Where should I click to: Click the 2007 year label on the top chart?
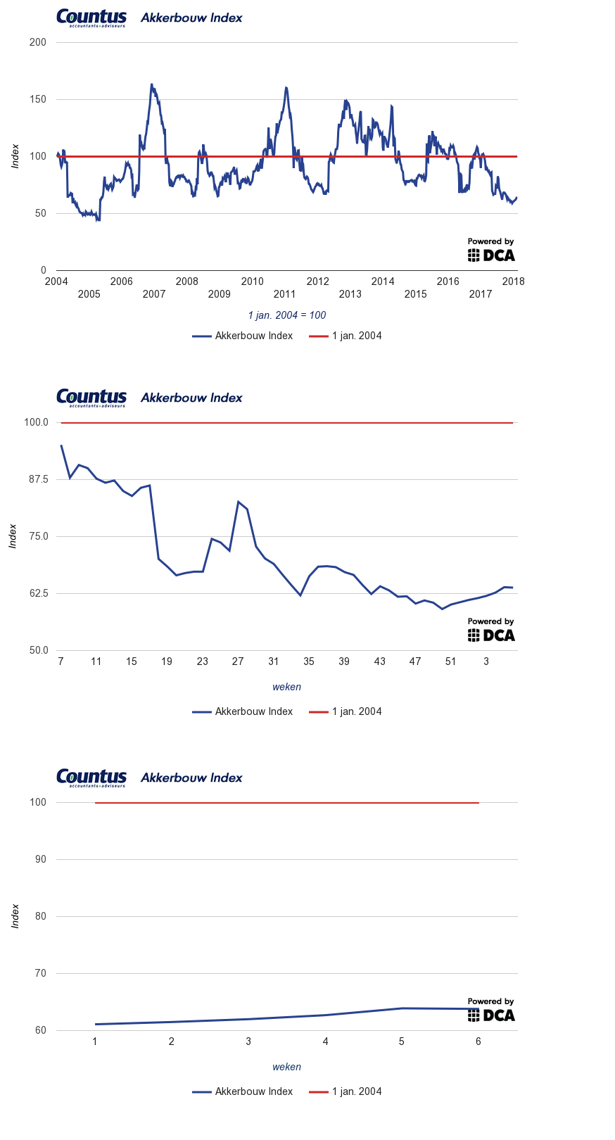(154, 294)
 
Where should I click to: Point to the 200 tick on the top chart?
(38, 42)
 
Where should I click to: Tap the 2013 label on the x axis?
(350, 294)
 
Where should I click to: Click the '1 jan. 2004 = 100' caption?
(287, 315)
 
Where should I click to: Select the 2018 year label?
(513, 281)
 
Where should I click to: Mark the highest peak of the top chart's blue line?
(151, 84)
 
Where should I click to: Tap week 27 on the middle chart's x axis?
(238, 661)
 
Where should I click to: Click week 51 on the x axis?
(450, 661)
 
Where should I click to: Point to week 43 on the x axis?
(380, 661)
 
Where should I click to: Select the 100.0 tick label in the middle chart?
(36, 422)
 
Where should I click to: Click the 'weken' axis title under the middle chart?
(286, 687)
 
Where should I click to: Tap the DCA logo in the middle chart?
(491, 635)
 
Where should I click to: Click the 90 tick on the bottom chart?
(41, 859)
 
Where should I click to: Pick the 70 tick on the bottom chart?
(41, 973)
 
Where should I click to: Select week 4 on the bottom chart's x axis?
(325, 1041)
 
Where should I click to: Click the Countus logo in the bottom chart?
(91, 778)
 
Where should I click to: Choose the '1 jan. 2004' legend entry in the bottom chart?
(345, 1091)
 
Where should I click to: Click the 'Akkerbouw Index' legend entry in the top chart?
(243, 336)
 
